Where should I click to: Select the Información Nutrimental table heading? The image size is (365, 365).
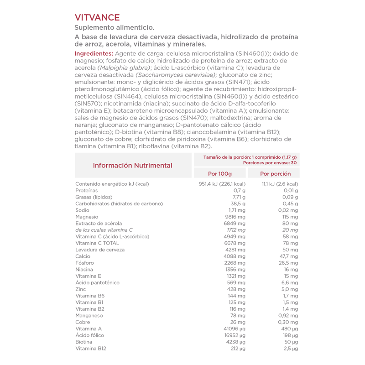133,165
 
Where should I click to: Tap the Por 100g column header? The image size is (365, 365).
220,173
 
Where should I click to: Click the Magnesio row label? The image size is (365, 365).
87,217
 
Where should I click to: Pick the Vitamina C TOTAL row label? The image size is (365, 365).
97,243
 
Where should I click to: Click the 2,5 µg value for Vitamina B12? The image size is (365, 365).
291,349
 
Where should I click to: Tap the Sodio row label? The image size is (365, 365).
83,210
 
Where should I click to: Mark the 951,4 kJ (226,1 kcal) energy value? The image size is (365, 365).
222,184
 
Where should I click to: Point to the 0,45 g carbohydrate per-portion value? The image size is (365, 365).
290,203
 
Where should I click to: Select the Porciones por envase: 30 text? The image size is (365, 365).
270,162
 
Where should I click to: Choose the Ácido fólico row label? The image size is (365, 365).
89,335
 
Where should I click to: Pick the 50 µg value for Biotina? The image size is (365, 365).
291,342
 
